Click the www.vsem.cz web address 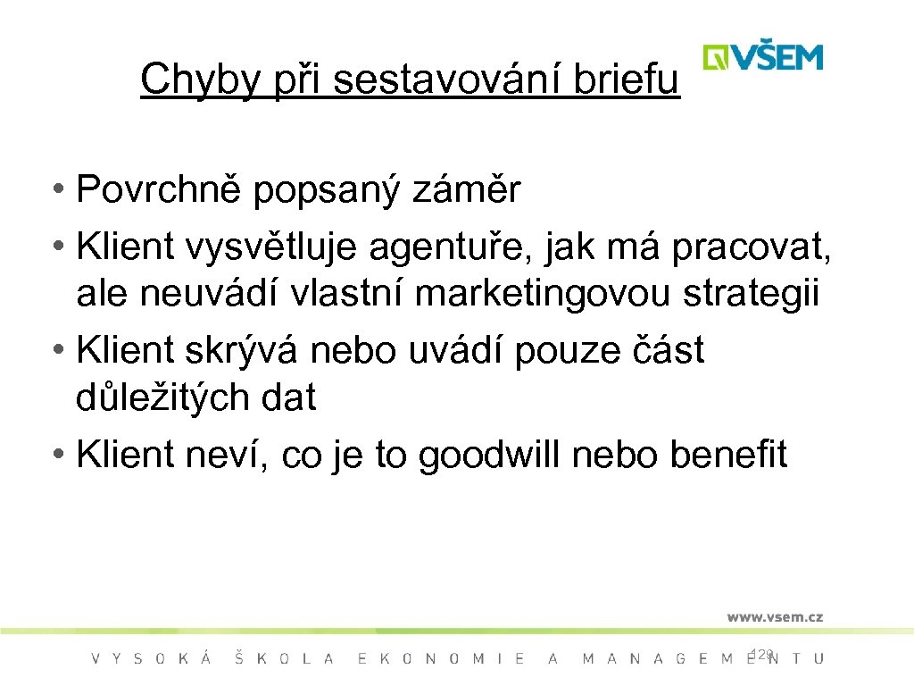pyautogui.click(x=774, y=616)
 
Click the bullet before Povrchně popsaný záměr pyautogui.click(x=57, y=190)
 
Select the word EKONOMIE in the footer pyautogui.click(x=441, y=658)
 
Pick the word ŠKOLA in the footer pyautogui.click(x=284, y=658)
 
